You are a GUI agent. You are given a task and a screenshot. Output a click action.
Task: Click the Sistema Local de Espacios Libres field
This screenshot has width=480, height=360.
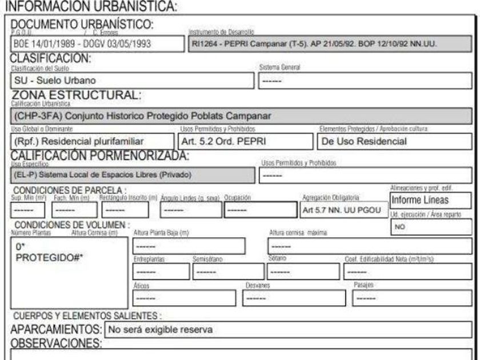click(x=131, y=174)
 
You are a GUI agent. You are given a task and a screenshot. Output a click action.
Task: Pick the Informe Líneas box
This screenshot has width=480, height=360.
click(x=430, y=200)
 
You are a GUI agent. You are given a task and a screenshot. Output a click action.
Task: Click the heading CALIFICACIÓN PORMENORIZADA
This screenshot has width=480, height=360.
click(x=101, y=156)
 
